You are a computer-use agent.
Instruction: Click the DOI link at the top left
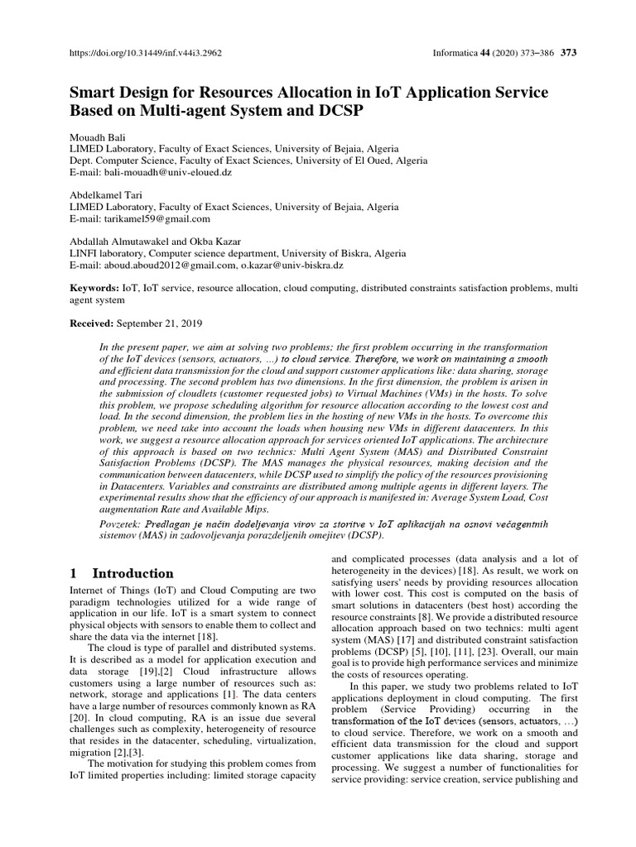tap(146, 53)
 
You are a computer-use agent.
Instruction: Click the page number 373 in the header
tap(568, 53)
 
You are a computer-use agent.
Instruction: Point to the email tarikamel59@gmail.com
tap(157, 219)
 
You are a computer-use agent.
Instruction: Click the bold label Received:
tap(92, 323)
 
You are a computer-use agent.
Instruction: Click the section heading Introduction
tap(132, 573)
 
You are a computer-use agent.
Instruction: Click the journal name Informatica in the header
tap(455, 53)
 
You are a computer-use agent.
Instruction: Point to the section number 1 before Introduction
tap(74, 573)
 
